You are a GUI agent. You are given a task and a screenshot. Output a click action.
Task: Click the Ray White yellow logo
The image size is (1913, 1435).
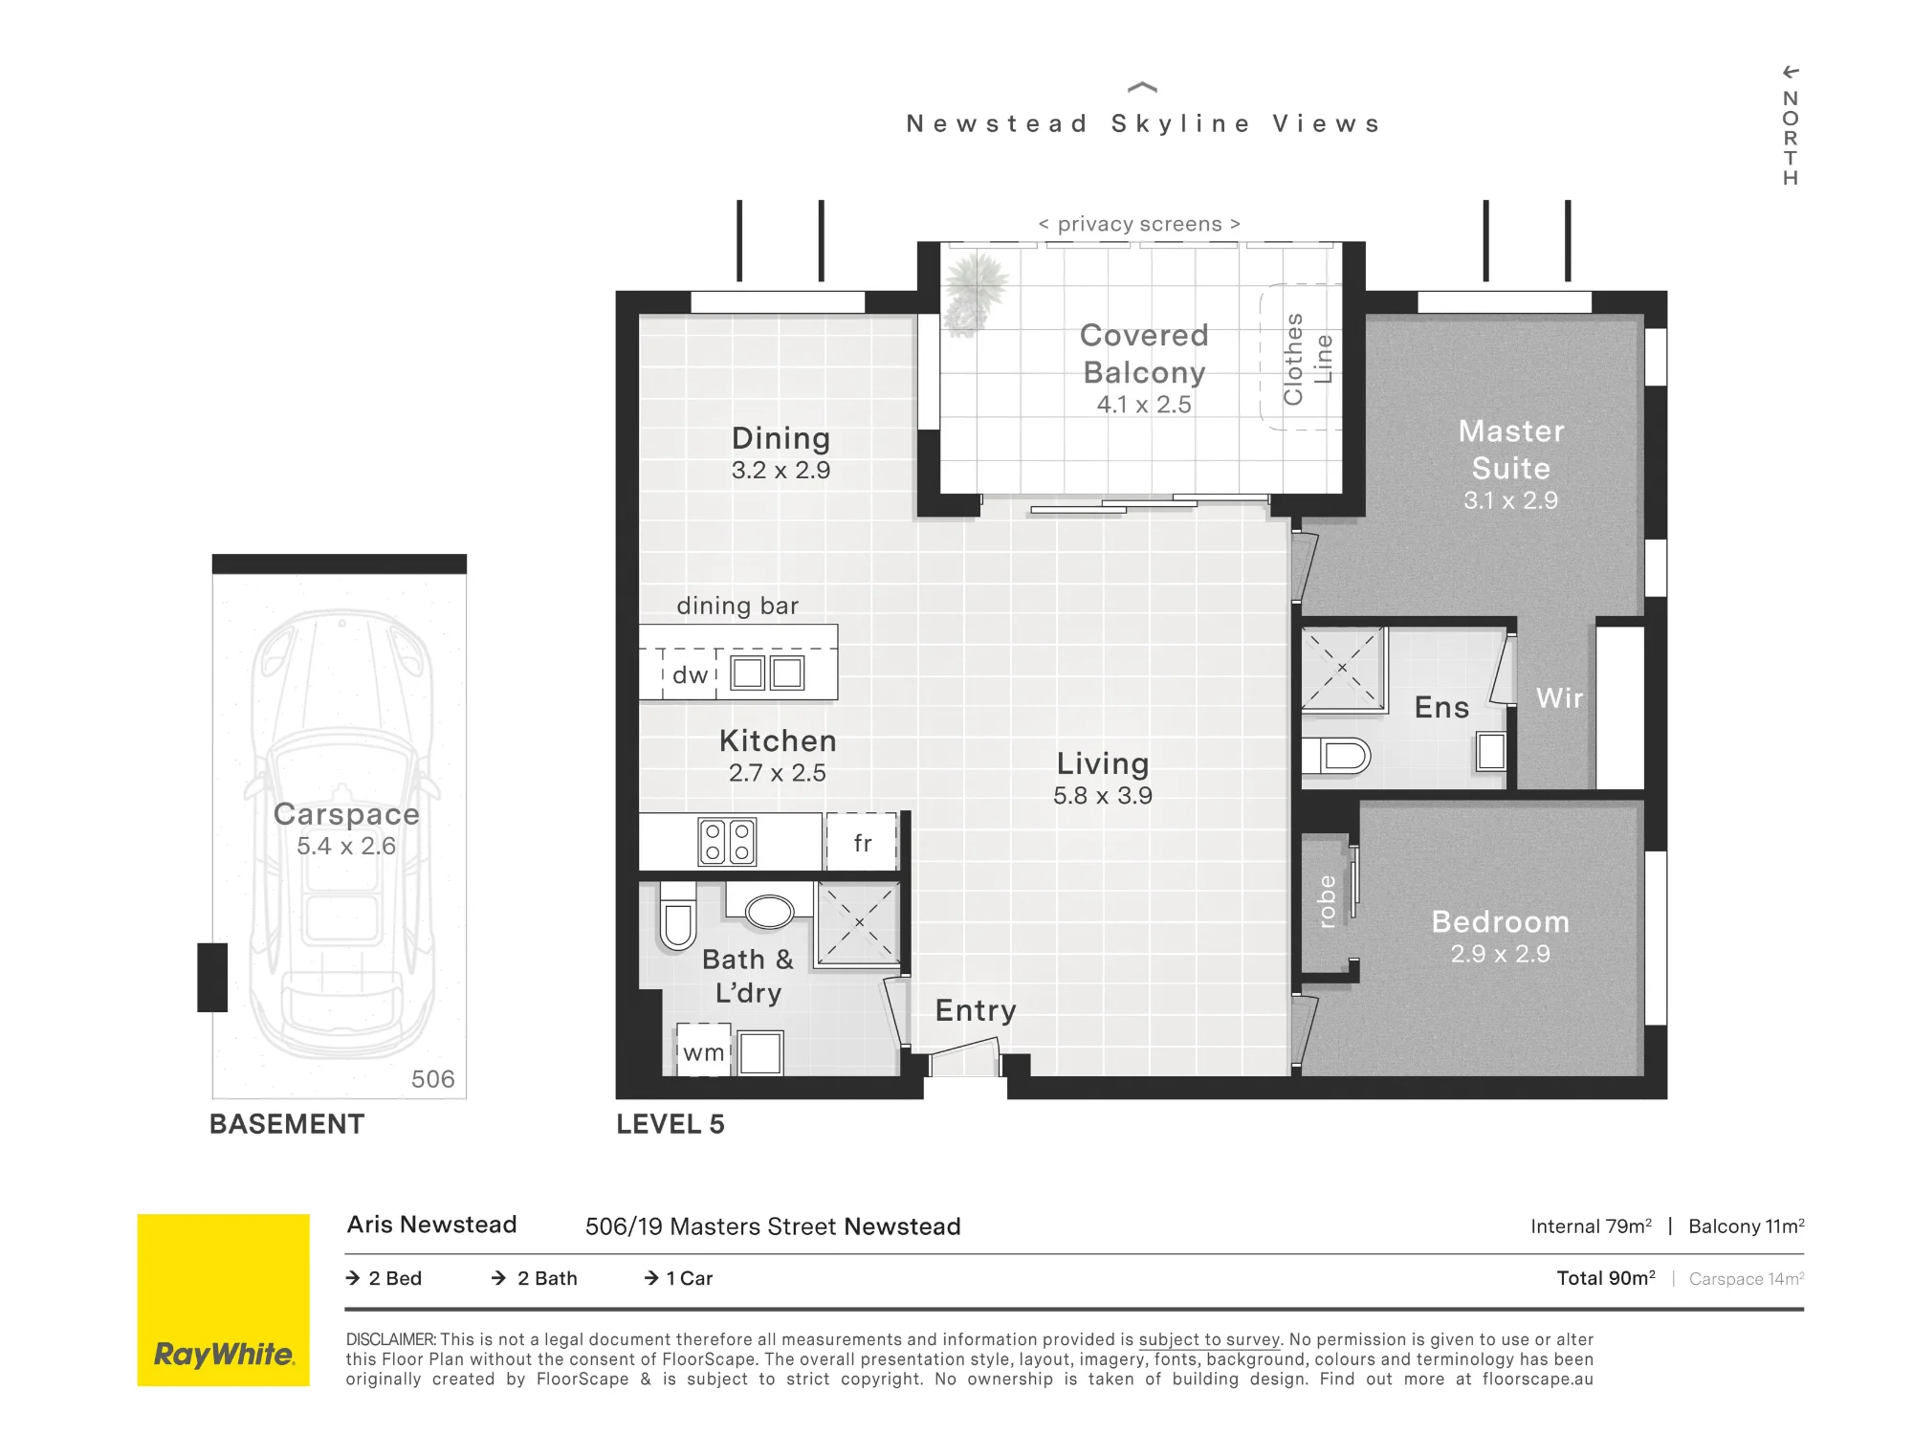click(223, 1299)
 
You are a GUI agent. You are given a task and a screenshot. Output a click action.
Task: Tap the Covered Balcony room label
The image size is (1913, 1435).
click(1144, 353)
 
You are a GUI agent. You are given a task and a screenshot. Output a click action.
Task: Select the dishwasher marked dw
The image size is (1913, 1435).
click(689, 674)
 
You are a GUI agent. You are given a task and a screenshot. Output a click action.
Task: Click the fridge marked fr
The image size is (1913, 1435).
click(862, 842)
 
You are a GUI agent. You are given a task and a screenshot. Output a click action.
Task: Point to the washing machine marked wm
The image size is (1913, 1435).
click(704, 1050)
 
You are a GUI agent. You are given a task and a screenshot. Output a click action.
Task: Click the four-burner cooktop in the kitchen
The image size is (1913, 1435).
click(727, 842)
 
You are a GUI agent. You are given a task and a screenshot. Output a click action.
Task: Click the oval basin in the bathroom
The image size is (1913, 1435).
click(770, 911)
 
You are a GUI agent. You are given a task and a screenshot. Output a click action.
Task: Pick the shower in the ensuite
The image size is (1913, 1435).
click(1343, 669)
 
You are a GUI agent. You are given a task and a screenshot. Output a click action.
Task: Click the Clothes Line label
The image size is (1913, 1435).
click(1307, 359)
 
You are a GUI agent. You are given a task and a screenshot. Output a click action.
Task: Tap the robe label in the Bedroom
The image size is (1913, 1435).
click(1327, 901)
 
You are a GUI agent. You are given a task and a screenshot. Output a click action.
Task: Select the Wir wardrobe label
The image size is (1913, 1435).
click(1559, 698)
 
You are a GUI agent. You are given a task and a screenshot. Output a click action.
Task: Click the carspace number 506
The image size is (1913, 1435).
click(432, 1079)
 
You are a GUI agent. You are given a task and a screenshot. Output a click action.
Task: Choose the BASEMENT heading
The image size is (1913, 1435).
click(287, 1124)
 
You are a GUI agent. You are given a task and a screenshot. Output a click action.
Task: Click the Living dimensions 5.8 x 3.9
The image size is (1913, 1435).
click(1103, 796)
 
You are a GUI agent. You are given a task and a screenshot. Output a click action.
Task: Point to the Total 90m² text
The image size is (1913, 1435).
click(1606, 1278)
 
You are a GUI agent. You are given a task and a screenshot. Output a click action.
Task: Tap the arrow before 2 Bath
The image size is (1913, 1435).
click(498, 1278)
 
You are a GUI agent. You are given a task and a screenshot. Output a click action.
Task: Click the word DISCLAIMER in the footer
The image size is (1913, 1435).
click(391, 1339)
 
